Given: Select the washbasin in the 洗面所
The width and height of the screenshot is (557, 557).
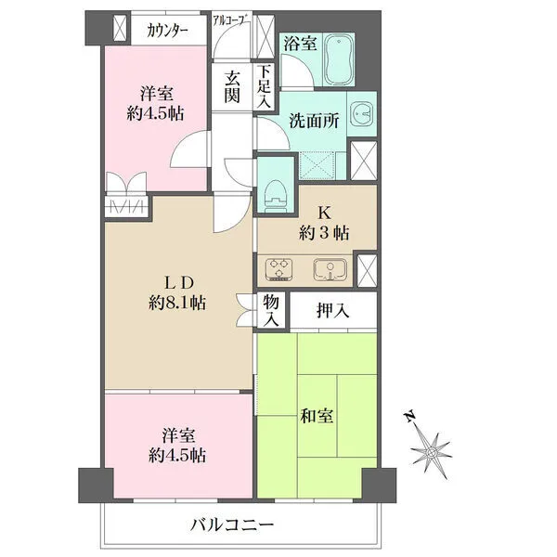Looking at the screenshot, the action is [361, 114].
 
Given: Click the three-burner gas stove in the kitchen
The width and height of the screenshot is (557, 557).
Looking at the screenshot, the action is [278, 269].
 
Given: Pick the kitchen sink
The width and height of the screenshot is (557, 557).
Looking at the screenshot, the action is [330, 269].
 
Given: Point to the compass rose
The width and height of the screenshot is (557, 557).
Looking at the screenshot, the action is [432, 453].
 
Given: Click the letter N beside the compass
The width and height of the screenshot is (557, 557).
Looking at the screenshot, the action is [409, 416].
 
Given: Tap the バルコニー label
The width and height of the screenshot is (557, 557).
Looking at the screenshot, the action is [232, 524].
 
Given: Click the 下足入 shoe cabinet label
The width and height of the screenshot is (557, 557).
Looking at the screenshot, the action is [264, 87].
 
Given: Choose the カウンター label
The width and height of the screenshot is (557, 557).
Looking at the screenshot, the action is [167, 32].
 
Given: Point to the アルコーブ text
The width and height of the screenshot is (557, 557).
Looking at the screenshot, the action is [230, 19].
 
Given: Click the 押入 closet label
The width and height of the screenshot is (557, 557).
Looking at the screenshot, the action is [333, 311].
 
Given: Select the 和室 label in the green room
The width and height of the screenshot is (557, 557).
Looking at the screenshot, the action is [317, 416].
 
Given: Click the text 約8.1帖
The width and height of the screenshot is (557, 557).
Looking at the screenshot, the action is [177, 303].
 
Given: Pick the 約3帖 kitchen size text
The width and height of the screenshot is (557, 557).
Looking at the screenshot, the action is [324, 233].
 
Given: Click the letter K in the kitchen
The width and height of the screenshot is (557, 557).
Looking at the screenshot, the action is [324, 214].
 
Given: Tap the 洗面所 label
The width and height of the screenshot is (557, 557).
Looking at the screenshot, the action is [314, 121].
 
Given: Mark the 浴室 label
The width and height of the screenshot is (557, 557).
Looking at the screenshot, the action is [300, 45].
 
